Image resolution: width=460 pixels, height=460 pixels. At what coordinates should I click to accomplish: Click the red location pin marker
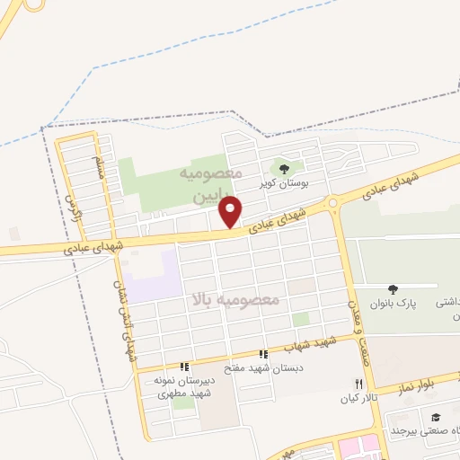232,211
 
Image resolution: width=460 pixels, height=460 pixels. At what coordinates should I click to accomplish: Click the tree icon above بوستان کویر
284,169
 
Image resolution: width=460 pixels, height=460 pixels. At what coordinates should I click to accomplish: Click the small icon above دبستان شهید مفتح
263,354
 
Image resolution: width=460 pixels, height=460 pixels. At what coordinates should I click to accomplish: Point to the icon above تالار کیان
359,384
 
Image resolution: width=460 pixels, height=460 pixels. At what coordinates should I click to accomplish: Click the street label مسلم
98,167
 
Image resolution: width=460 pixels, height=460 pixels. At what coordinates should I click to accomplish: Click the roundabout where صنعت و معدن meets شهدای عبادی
333,204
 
